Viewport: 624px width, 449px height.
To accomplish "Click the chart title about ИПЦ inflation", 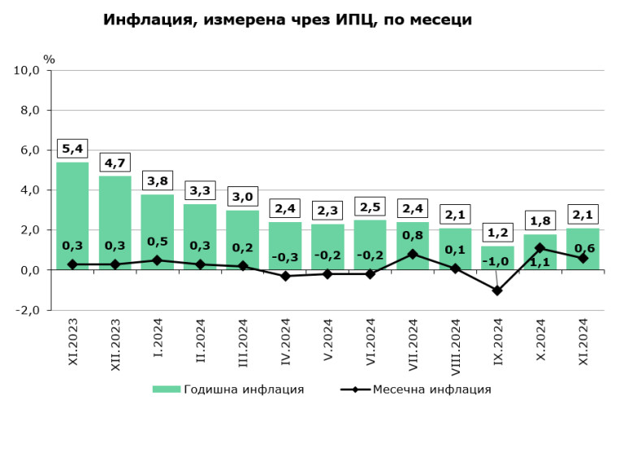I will point(288,19).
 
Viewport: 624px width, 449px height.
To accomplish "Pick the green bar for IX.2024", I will point(497,257).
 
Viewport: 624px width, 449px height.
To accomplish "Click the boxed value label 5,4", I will point(72,149).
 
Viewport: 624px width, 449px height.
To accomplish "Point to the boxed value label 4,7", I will point(115,163).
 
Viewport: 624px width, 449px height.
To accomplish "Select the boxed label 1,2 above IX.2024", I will point(497,233).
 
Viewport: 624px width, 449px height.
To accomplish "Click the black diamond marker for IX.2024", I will point(497,290).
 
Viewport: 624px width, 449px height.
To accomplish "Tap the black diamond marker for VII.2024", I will point(413,254).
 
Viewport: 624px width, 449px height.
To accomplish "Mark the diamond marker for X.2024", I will point(540,248).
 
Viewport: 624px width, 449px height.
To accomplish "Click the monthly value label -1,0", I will point(497,262).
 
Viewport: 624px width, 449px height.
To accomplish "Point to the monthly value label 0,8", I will point(413,236).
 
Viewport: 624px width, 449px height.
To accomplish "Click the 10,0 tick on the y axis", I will point(28,70).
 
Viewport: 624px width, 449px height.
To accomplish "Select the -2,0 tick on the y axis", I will point(28,310).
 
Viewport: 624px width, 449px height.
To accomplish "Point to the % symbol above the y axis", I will point(49,59).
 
